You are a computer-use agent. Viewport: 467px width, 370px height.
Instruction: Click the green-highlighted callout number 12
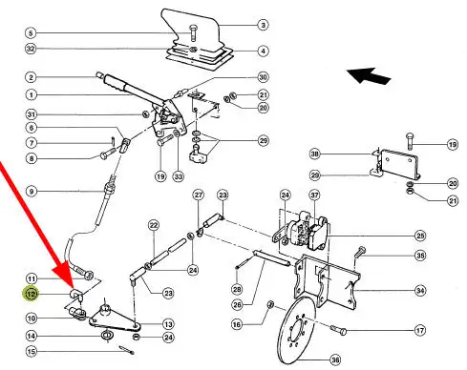click(x=31, y=294)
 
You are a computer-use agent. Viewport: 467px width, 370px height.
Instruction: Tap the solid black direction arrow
click(x=369, y=76)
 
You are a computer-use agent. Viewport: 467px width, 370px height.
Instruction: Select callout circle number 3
click(x=263, y=25)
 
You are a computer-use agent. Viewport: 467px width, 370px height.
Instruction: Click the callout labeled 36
click(x=335, y=360)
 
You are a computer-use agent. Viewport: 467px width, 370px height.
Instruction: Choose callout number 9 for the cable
click(x=32, y=192)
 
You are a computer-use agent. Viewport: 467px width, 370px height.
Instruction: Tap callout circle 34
click(x=420, y=290)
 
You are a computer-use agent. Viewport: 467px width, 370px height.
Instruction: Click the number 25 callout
click(x=420, y=236)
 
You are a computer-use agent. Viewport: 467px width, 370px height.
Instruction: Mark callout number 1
click(x=32, y=94)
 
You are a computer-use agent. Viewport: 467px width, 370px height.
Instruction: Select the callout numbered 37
click(x=314, y=195)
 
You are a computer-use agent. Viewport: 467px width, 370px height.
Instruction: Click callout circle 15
click(x=32, y=352)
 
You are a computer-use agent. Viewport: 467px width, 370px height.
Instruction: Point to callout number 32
click(x=31, y=49)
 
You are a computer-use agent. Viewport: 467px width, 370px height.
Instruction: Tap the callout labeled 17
click(x=420, y=331)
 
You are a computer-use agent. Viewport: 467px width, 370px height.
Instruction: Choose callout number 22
click(x=154, y=225)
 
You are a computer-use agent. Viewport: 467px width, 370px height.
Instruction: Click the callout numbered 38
click(x=314, y=154)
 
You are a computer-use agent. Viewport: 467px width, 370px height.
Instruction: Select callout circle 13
click(x=168, y=324)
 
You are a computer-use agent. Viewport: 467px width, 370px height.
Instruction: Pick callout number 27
click(x=199, y=195)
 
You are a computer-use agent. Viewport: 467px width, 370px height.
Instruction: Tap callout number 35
click(x=420, y=256)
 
